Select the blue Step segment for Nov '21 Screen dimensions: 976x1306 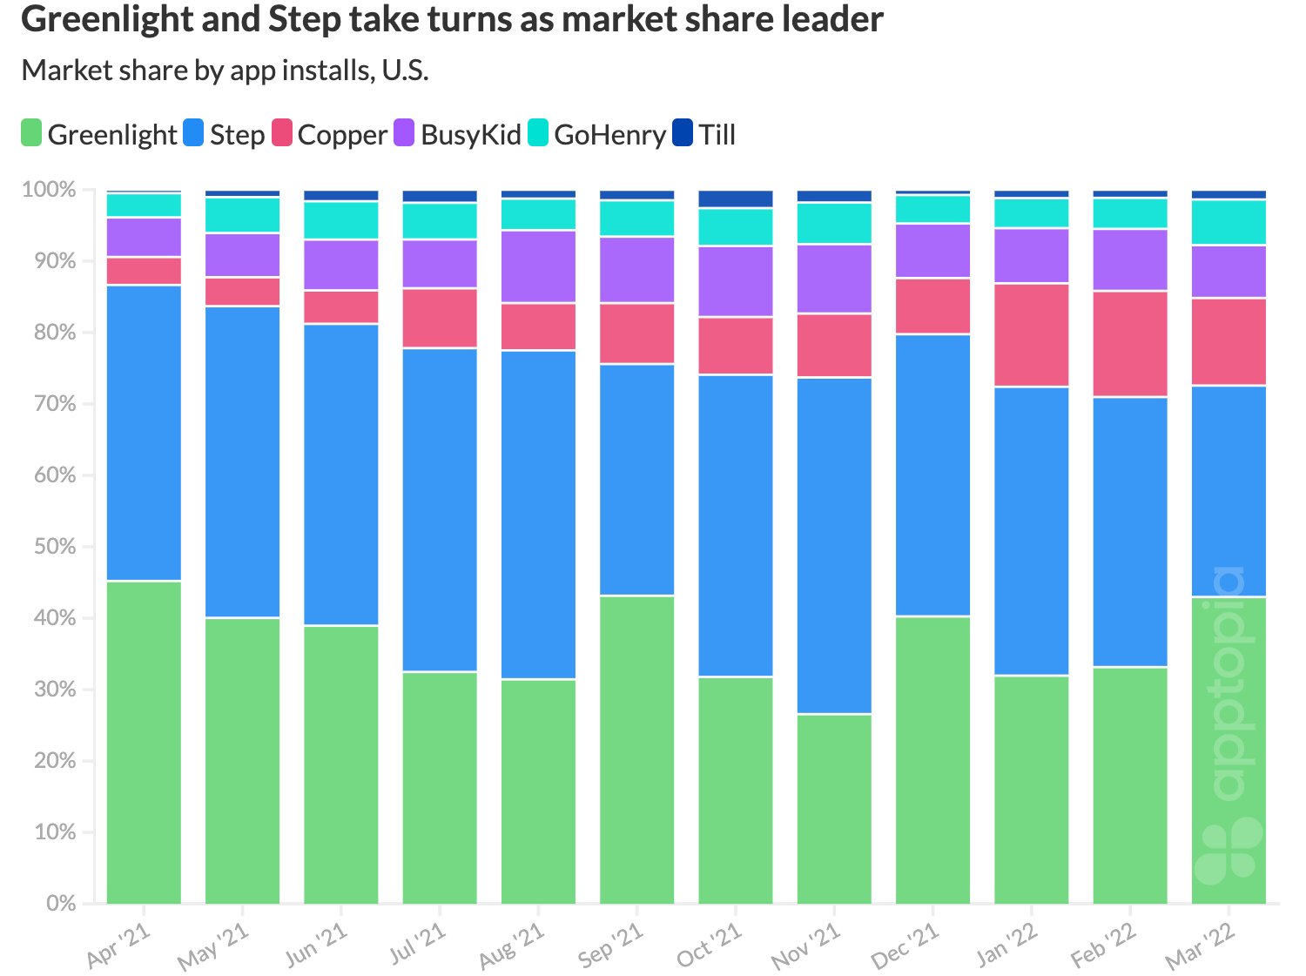pyautogui.click(x=834, y=546)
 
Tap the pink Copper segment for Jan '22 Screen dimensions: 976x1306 pyautogui.click(x=1032, y=335)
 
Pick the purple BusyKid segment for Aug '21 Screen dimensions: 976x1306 pyautogui.click(x=538, y=266)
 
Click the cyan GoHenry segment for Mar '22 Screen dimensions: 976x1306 pyautogui.click(x=1229, y=223)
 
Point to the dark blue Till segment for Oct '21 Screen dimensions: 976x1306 pyautogui.click(x=736, y=199)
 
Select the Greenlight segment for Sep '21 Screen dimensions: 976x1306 pyautogui.click(x=637, y=749)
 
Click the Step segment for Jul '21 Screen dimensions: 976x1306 pyautogui.click(x=440, y=509)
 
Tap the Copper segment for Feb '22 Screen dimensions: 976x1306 pyautogui.click(x=1130, y=344)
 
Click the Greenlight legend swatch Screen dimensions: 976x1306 pyautogui.click(x=31, y=134)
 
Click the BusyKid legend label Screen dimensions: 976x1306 pyautogui.click(x=470, y=135)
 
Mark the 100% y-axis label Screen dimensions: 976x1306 pyautogui.click(x=49, y=190)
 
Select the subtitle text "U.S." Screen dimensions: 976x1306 pyautogui.click(x=405, y=70)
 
